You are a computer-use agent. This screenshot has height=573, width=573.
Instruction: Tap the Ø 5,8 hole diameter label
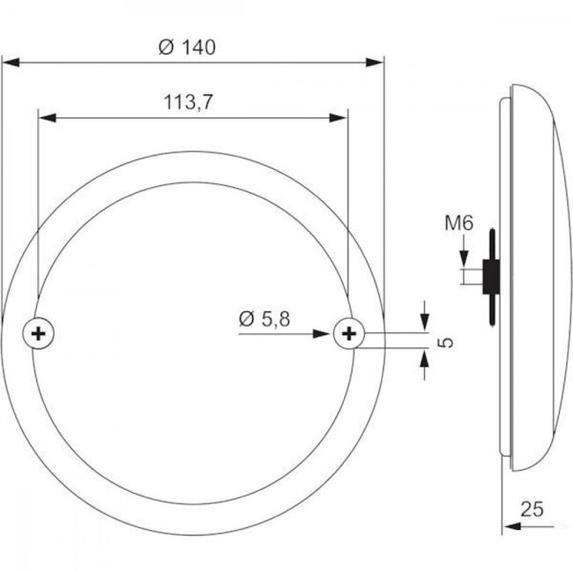click(264, 318)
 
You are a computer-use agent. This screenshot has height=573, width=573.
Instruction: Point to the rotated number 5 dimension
click(445, 340)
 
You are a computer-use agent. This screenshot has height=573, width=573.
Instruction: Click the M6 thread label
click(461, 226)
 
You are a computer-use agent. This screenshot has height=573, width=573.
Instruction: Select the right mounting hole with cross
click(349, 333)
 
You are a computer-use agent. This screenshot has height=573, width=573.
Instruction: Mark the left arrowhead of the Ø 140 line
click(11, 62)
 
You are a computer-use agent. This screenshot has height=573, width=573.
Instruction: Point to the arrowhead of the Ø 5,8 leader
click(328, 333)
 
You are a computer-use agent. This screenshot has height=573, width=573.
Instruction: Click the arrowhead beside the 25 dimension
click(510, 526)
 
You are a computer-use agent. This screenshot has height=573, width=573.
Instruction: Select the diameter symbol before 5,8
click(245, 318)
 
